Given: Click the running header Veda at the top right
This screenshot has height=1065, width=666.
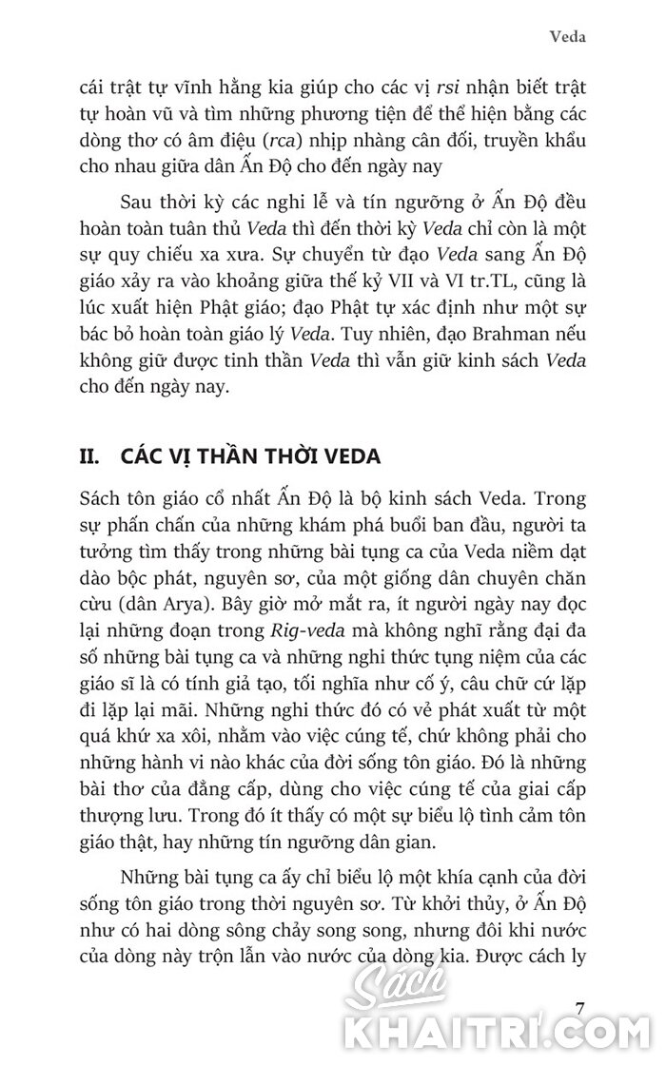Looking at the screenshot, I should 567,38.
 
